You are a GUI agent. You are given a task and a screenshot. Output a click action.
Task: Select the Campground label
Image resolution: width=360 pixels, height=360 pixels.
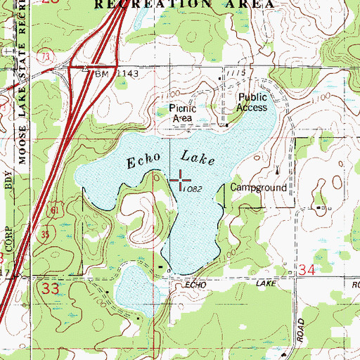pyautogui.click(x=259, y=188)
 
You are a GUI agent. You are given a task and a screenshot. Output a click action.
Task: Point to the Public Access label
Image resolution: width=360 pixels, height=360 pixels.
pyautogui.click(x=252, y=103)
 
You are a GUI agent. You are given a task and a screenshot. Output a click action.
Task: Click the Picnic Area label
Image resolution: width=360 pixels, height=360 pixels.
pyautogui.click(x=182, y=113)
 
